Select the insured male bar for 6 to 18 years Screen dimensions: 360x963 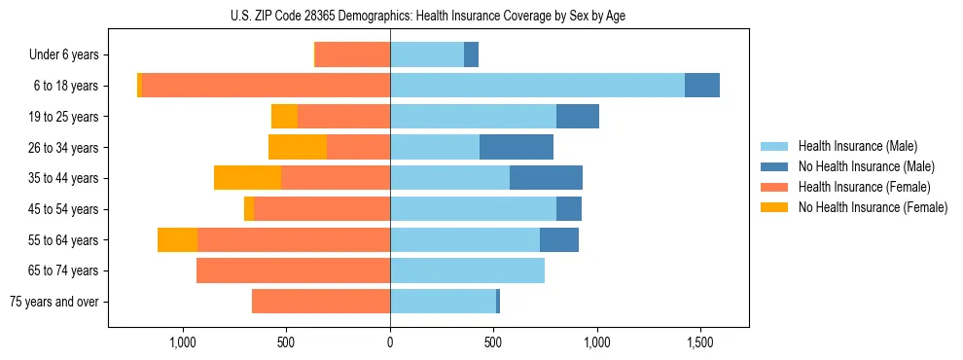tap(537, 86)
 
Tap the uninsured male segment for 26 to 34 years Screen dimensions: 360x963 tap(517, 147)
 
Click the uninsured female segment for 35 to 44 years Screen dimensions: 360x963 tap(247, 178)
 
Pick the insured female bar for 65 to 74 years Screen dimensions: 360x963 tap(293, 270)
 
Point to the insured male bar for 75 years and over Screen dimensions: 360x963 tap(443, 302)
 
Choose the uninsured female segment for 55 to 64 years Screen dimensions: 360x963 tap(177, 239)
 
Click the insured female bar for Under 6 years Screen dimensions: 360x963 tap(352, 54)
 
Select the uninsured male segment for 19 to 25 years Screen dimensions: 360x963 tap(578, 117)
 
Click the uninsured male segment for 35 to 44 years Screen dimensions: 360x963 tap(546, 178)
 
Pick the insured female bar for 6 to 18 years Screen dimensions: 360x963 tap(266, 86)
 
